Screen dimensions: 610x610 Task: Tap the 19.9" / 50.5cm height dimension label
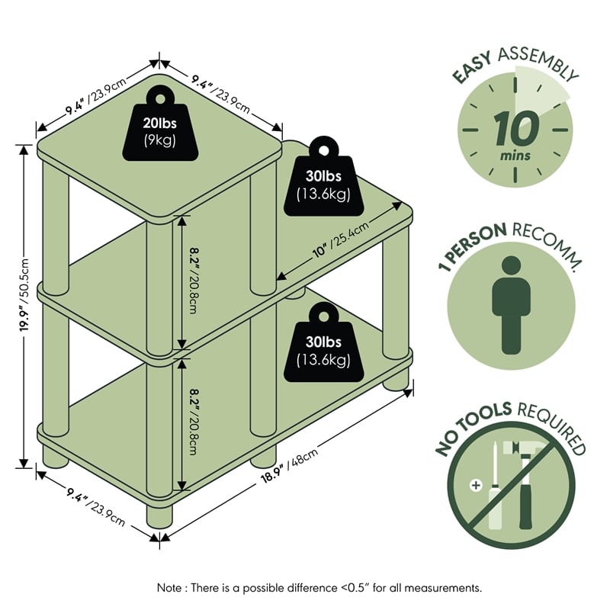coord(24,295)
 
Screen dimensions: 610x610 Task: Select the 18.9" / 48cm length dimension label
coord(289,466)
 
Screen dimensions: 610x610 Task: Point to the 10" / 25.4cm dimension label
coord(340,239)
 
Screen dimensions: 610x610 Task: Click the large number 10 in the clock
coord(516,128)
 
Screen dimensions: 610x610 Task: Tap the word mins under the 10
coord(515,156)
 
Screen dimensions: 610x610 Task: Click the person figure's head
coord(511,266)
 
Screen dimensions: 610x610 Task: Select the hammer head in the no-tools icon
coord(519,449)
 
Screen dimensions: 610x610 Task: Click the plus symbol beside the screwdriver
coord(476,485)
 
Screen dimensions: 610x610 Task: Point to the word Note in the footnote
coord(169,587)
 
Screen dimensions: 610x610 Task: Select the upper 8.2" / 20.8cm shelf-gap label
coord(194,280)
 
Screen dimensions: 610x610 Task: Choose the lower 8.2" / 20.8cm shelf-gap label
coord(194,422)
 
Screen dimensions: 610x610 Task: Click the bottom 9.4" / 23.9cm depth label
coord(96,506)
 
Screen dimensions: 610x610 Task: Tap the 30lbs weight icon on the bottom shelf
coord(323,342)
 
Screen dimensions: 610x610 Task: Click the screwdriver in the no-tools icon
coord(495,486)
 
